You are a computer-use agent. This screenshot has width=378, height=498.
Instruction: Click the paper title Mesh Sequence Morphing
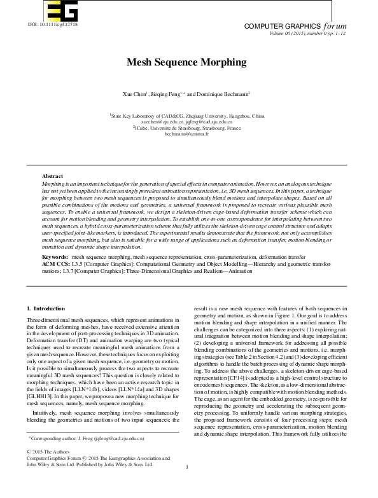coord(188,62)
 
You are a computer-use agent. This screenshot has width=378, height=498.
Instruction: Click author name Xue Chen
coord(136,93)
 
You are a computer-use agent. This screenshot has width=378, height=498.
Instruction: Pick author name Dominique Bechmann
coord(227,93)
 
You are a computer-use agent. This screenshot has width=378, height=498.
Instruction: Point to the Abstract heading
coord(52,176)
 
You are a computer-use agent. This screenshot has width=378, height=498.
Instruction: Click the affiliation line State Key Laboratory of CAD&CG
coord(187,116)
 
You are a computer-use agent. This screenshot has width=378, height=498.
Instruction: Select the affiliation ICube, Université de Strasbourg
coord(187,128)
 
